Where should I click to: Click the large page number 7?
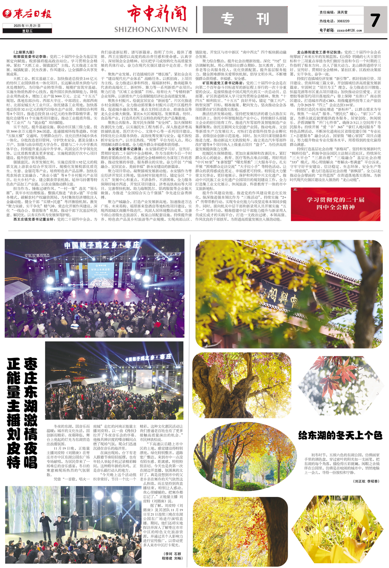click(x=375, y=20)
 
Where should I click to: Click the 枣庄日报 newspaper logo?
click(x=27, y=14)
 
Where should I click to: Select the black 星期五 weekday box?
click(x=27, y=31)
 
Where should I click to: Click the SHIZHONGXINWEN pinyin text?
click(x=151, y=30)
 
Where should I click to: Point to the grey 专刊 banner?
click(x=245, y=19)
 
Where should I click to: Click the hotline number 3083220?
click(x=343, y=21)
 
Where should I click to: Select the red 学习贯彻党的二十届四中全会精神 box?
click(x=335, y=204)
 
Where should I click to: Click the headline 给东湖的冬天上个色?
click(x=340, y=435)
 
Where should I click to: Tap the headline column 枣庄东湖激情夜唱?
click(x=30, y=412)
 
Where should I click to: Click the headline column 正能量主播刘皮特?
click(x=14, y=412)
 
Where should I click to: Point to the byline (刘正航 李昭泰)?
click(x=366, y=481)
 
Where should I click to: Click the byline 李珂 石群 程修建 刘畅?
click(x=173, y=556)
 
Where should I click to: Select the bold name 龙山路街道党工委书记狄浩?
click(x=319, y=52)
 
